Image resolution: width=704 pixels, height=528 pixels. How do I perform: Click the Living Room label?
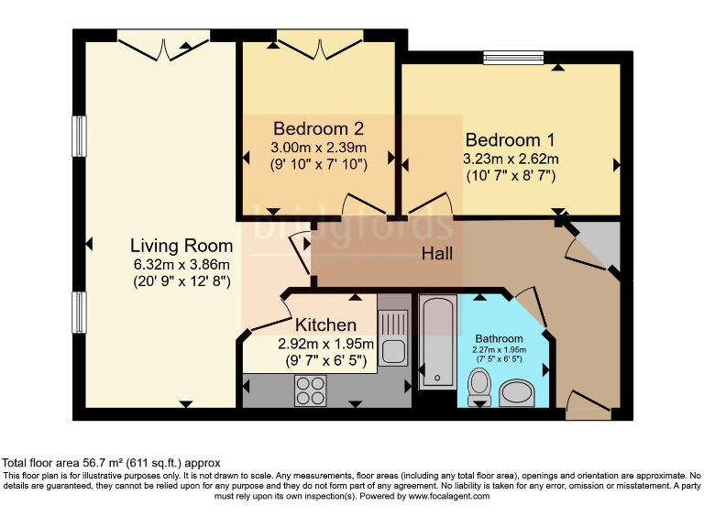(181, 246)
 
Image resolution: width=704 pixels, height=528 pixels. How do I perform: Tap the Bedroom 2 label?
(318, 129)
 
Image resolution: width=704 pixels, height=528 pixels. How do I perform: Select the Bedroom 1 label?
(511, 140)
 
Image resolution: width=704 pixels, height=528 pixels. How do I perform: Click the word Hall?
(437, 254)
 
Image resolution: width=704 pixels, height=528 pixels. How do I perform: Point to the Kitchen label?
(325, 324)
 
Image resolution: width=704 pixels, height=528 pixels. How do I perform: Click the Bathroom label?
(499, 338)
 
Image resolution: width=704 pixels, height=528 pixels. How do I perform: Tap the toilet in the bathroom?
(479, 387)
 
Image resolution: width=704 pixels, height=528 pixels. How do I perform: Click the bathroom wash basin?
(516, 393)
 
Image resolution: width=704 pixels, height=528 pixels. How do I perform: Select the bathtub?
(438, 341)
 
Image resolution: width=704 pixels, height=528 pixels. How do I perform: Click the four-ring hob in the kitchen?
(311, 390)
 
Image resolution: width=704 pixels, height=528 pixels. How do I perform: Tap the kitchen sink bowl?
(393, 352)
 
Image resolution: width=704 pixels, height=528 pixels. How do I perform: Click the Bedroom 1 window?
(513, 58)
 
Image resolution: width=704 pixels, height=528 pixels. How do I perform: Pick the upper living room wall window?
(79, 137)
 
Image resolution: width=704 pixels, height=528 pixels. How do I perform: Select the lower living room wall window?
(79, 313)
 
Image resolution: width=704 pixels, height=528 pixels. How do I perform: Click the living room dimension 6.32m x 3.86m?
(181, 264)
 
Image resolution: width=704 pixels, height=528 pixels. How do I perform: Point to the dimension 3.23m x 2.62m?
(511, 159)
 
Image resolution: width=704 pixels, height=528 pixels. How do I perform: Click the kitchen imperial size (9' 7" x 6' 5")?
(326, 360)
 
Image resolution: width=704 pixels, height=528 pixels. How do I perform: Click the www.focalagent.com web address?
(448, 496)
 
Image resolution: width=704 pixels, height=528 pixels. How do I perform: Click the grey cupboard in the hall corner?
(597, 245)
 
